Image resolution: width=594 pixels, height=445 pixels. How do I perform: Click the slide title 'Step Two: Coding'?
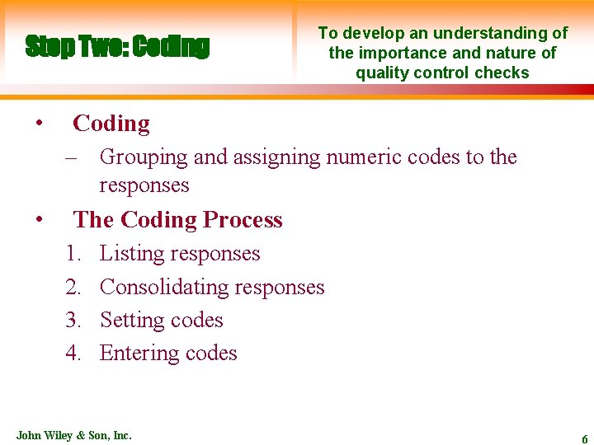click(x=117, y=46)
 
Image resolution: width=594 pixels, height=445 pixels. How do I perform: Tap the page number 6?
click(x=584, y=439)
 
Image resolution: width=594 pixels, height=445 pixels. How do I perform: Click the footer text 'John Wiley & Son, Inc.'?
click(x=73, y=434)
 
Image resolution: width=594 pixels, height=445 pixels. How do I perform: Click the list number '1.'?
click(x=73, y=254)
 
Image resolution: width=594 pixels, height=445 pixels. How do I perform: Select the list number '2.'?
click(x=73, y=287)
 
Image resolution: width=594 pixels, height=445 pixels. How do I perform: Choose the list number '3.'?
click(x=73, y=320)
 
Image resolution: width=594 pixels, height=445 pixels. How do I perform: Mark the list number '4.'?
click(x=73, y=353)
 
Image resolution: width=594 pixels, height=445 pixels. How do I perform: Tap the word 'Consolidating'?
click(x=163, y=287)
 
